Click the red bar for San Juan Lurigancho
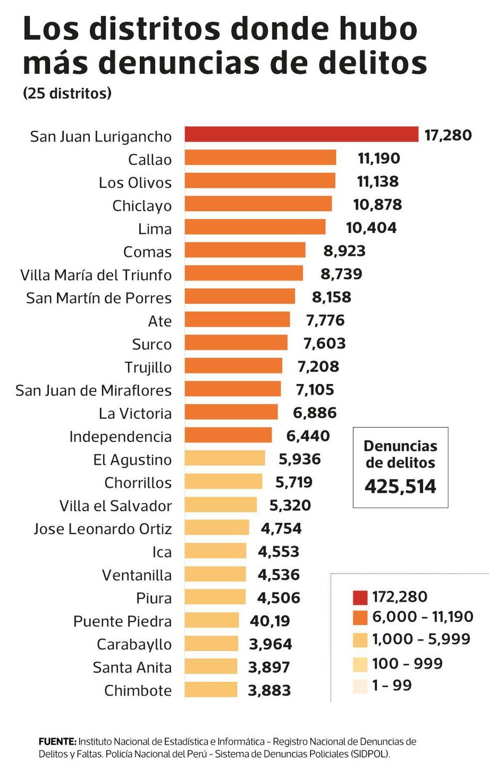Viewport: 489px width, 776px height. tap(301, 134)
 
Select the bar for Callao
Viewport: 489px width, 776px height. tap(260, 158)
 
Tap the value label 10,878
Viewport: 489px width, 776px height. tap(377, 204)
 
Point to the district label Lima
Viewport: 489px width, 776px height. tap(155, 229)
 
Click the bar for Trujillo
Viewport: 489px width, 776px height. tap(233, 366)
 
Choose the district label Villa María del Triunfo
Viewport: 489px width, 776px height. tap(96, 275)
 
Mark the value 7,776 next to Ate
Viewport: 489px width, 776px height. tap(325, 320)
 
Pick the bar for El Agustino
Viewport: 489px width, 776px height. tap(225, 458)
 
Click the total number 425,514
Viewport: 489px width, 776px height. tap(400, 486)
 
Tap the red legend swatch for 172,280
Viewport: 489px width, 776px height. tap(360, 597)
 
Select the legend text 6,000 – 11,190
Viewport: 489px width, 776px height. tap(423, 617)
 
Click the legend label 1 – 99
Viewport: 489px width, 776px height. tap(392, 685)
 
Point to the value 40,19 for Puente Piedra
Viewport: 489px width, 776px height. tap(270, 621)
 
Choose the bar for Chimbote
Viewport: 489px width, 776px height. tap(211, 690)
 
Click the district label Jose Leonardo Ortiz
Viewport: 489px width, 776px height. tap(103, 529)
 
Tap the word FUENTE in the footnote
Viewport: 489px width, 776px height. tap(57, 742)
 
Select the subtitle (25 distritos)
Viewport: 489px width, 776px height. tap(67, 93)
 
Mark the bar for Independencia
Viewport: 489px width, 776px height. tap(228, 435)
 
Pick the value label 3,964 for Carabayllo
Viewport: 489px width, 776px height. tap(270, 644)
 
